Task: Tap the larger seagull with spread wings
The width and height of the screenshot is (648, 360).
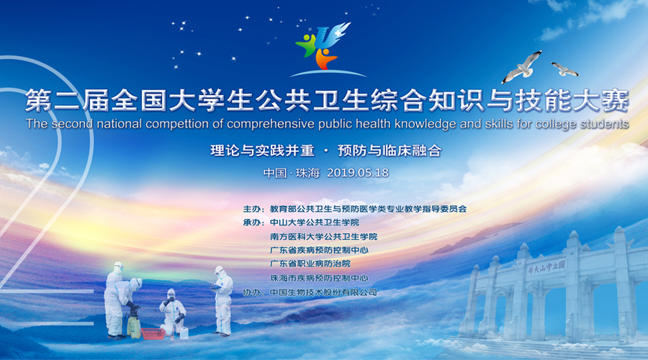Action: pos(523,66)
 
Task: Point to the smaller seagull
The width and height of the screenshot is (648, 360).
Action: pos(565,69)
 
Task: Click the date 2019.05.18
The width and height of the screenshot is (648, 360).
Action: pos(358,173)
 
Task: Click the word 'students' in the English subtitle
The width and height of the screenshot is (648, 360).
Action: pos(605,124)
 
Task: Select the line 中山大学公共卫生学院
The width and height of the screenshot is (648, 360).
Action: pos(315,222)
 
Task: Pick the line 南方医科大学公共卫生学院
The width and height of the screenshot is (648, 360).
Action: pos(323,237)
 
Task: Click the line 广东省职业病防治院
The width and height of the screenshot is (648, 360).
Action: pos(310,264)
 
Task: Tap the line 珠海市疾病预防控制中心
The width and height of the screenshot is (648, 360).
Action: pos(319,278)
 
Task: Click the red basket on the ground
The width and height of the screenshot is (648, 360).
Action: pos(153,333)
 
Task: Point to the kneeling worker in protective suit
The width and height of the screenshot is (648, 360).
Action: pos(172,312)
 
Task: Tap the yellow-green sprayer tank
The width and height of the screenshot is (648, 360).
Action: pos(133,325)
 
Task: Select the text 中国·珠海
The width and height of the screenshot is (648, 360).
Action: pos(292,173)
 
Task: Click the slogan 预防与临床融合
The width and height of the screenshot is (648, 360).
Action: pos(390,151)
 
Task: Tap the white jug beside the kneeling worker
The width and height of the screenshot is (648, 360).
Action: pos(184,333)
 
